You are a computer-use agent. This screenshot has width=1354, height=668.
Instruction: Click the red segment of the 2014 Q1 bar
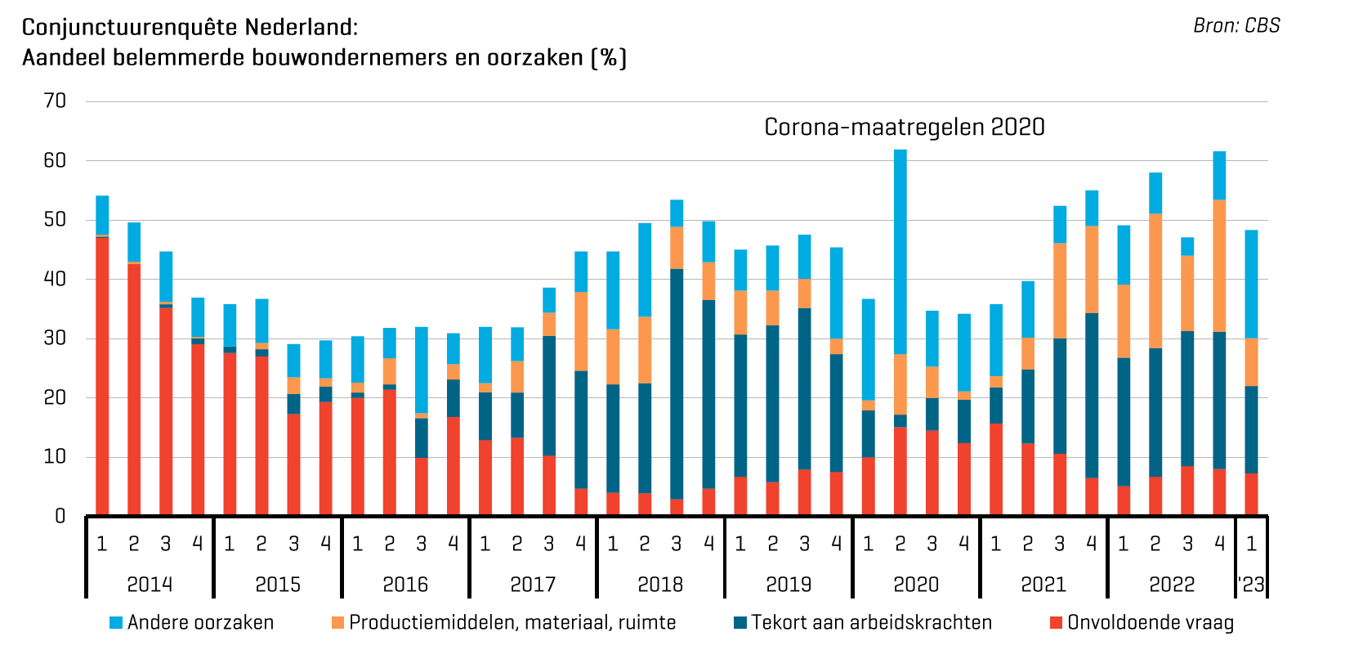pyautogui.click(x=102, y=376)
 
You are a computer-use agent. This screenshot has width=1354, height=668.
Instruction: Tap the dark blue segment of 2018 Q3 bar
pyautogui.click(x=677, y=384)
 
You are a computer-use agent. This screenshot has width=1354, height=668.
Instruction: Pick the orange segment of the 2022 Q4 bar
pyautogui.click(x=1219, y=266)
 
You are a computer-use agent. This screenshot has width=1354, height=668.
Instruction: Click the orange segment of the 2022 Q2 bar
pyautogui.click(x=1155, y=281)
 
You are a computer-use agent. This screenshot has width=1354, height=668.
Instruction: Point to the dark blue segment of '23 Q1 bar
pyautogui.click(x=1251, y=430)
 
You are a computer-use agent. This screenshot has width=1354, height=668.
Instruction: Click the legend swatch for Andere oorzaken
pyautogui.click(x=116, y=623)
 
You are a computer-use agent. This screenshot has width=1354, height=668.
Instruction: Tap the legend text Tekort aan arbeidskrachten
pyautogui.click(x=871, y=623)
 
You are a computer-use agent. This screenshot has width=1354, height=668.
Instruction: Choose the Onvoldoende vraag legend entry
pyautogui.click(x=1150, y=623)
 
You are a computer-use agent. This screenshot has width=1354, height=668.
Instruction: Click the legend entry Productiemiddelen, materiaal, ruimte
pyautogui.click(x=512, y=623)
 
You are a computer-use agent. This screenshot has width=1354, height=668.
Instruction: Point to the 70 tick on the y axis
pyautogui.click(x=56, y=101)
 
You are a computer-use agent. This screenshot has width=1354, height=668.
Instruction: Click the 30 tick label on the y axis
pyautogui.click(x=56, y=338)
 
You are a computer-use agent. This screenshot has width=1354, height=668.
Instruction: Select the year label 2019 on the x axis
pyautogui.click(x=789, y=585)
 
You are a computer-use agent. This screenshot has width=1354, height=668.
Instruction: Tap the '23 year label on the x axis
pyautogui.click(x=1251, y=585)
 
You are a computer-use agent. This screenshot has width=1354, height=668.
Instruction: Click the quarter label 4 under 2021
pyautogui.click(x=1092, y=544)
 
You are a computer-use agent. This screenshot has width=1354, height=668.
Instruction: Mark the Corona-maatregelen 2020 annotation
pyautogui.click(x=904, y=128)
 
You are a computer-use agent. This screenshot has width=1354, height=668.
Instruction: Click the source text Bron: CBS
pyautogui.click(x=1236, y=26)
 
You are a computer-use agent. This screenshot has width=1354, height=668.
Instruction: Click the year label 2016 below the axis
pyautogui.click(x=405, y=585)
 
